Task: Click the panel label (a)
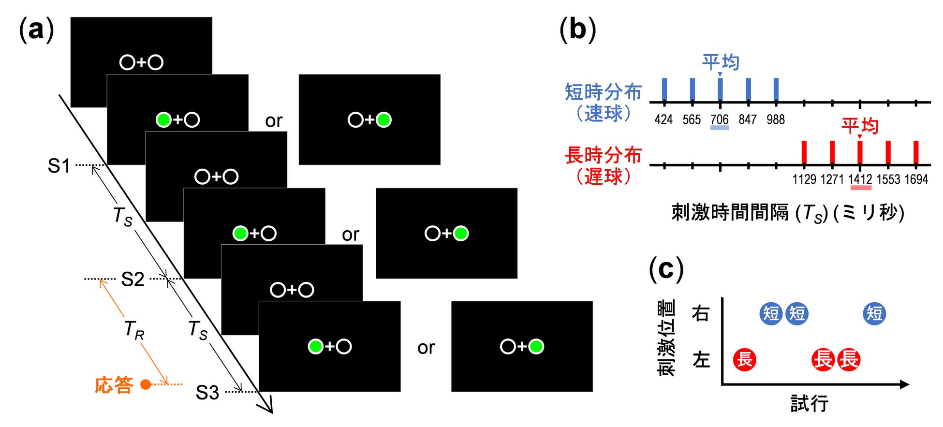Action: (x=36, y=30)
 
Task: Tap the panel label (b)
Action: (x=577, y=30)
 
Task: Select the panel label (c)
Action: (x=666, y=269)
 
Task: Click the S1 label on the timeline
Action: (x=59, y=166)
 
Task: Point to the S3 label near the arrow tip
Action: (x=207, y=392)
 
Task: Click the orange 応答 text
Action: (x=114, y=385)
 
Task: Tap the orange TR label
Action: (x=134, y=330)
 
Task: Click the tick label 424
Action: (x=663, y=119)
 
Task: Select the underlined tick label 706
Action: (x=720, y=119)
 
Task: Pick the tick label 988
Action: (x=776, y=119)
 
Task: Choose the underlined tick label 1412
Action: (x=860, y=179)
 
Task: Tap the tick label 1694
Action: (x=916, y=179)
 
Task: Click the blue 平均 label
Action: (x=721, y=62)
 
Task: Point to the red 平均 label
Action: (x=860, y=126)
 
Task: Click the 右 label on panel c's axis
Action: (x=701, y=313)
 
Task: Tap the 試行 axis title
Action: (x=810, y=403)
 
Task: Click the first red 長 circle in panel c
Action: (x=745, y=360)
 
